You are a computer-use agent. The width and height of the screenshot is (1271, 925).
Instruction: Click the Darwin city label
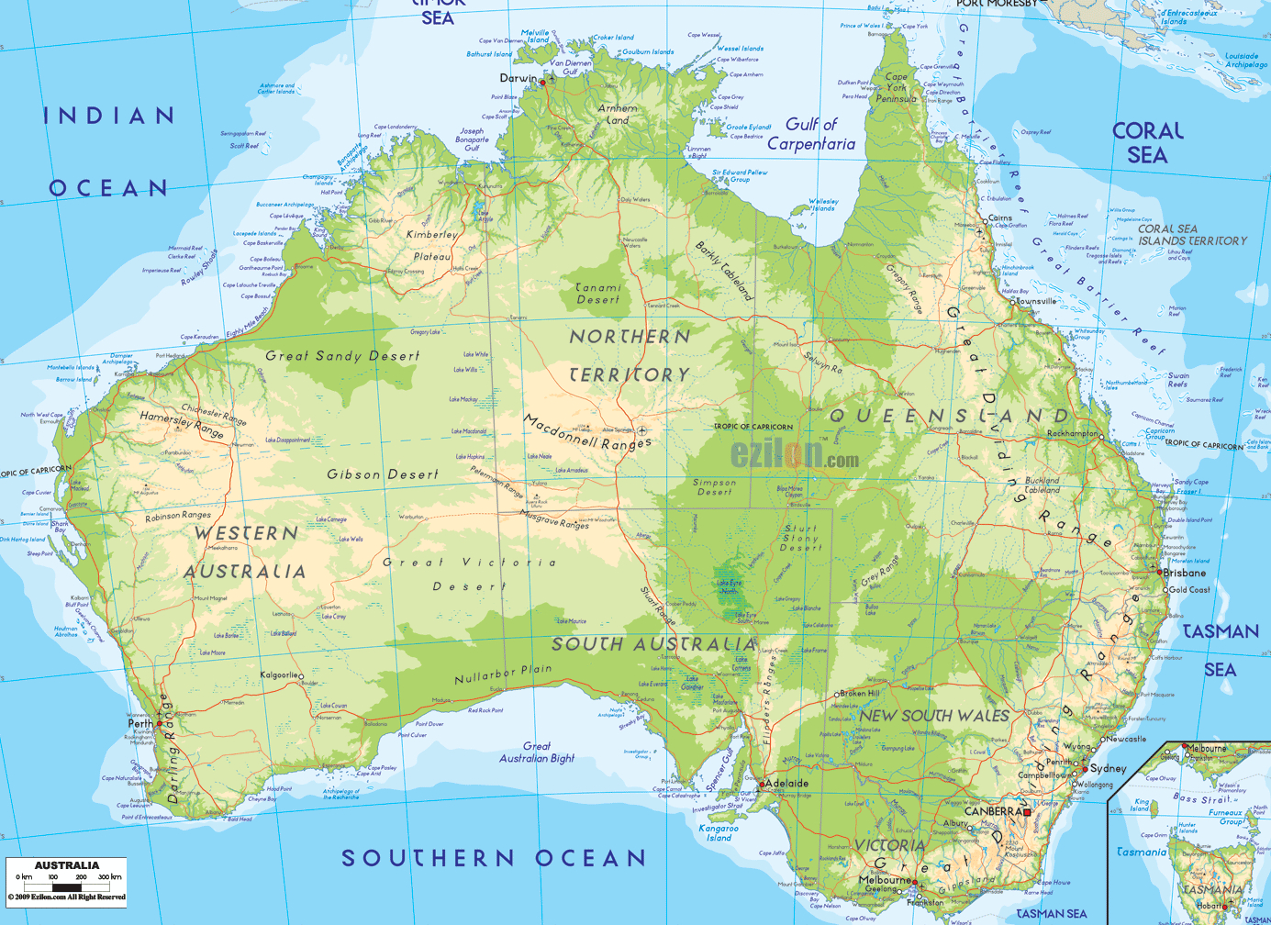pos(518,78)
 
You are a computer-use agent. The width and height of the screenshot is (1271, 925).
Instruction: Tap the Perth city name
pos(139,723)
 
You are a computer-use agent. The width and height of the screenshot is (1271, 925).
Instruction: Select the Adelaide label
pos(787,784)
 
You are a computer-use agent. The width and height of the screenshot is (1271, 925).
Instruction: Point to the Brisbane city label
pos(1185,573)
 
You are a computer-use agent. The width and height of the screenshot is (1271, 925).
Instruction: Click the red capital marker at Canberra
pos(1028,812)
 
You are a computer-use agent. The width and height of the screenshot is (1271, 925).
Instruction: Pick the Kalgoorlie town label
pos(279,675)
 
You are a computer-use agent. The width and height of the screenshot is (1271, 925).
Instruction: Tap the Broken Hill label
pos(860,694)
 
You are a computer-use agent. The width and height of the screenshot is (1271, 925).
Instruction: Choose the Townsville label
pos(1036,301)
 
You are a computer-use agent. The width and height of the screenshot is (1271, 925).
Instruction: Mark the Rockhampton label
pos(1073,433)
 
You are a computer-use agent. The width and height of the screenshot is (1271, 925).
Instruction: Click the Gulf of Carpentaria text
pos(811,134)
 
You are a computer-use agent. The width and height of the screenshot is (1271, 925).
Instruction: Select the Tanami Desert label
pos(597,294)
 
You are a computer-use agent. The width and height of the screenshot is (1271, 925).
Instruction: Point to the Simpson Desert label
pos(715,486)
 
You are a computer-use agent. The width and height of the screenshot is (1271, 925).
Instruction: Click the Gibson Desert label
pos(383,474)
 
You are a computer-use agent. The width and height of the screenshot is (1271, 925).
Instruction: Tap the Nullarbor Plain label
pos(503,674)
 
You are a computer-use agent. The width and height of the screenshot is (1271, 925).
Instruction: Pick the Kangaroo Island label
pos(719,832)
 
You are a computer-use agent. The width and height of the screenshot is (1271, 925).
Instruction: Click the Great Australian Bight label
pos(537,752)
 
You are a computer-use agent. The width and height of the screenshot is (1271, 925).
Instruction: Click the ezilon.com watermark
pos(795,454)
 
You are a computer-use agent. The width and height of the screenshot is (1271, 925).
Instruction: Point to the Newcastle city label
pos(1126,739)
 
